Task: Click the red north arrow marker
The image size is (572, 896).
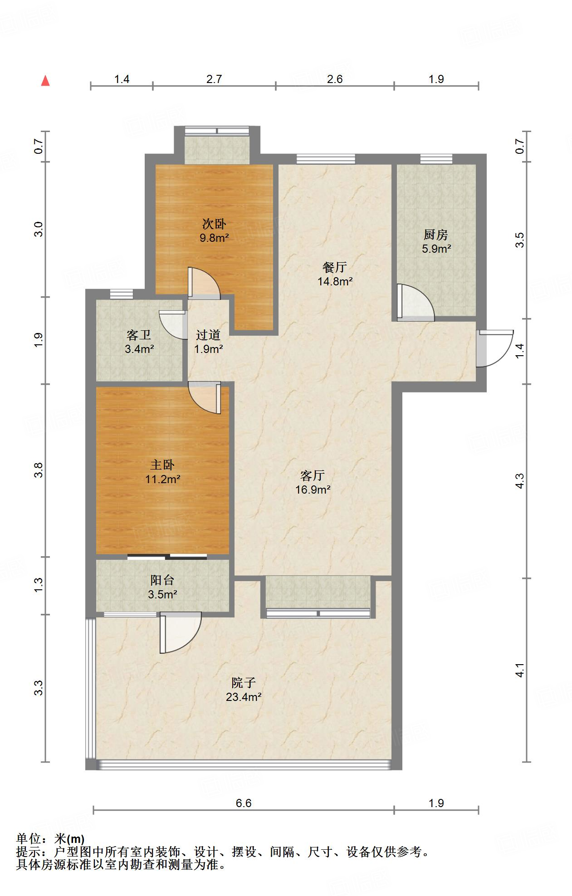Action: [x=45, y=81]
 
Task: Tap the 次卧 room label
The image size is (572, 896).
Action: [x=214, y=224]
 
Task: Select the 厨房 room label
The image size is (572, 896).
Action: [x=436, y=235]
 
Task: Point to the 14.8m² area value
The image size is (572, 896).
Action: [x=335, y=281]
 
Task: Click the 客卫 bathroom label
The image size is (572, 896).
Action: [x=139, y=335]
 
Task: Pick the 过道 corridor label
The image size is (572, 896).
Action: [x=208, y=335]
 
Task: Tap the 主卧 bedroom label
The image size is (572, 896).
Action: [x=162, y=465]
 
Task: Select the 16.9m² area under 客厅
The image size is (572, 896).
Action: [x=313, y=490]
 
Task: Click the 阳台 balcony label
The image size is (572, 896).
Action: [x=162, y=580]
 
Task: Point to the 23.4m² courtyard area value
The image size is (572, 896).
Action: [x=244, y=697]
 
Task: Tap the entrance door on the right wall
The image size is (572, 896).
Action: [x=494, y=348]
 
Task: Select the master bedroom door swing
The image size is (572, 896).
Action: [x=205, y=398]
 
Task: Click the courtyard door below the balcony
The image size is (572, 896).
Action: [x=180, y=633]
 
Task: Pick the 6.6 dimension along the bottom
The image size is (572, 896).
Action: [x=244, y=803]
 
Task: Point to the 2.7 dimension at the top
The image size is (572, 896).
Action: [x=214, y=79]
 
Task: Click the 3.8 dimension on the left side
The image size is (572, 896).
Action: [x=39, y=470]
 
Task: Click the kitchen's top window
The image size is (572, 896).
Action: [x=436, y=159]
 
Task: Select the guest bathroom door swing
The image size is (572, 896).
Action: [x=173, y=325]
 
